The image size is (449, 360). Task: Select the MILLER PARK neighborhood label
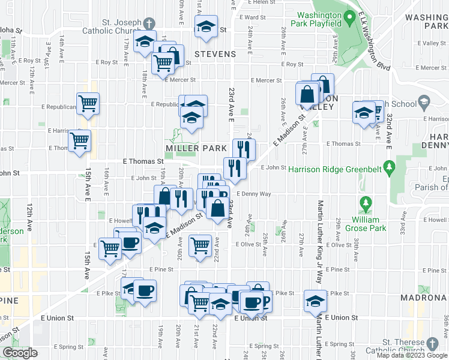coord(196,148)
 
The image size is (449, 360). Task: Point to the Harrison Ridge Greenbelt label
coord(335,169)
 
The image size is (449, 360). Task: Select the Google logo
coord(20,353)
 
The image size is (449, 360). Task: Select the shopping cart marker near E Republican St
coord(88,103)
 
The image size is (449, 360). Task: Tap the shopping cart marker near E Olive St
coord(199,244)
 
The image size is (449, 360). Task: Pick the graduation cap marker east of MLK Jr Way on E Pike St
coord(315,299)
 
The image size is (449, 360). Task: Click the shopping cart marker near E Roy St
coord(162,62)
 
